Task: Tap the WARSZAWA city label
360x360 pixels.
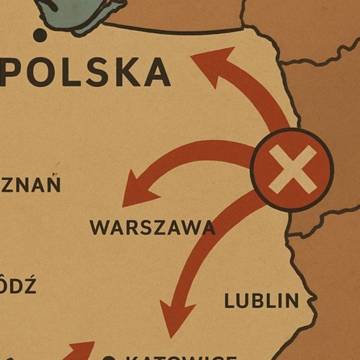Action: pyautogui.click(x=152, y=228)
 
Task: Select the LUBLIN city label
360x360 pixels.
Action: pyautogui.click(x=261, y=300)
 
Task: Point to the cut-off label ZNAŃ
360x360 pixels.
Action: pyautogui.click(x=30, y=184)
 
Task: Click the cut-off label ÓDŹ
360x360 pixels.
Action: pyautogui.click(x=17, y=285)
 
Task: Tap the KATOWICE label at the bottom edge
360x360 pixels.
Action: pyautogui.click(x=180, y=358)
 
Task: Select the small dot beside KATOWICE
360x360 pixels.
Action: pyautogui.click(x=109, y=358)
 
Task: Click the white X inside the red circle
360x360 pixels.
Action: pyautogui.click(x=292, y=169)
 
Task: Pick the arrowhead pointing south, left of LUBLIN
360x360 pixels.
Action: pyautogui.click(x=174, y=323)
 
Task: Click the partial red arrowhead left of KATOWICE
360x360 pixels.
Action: pyautogui.click(x=81, y=350)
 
